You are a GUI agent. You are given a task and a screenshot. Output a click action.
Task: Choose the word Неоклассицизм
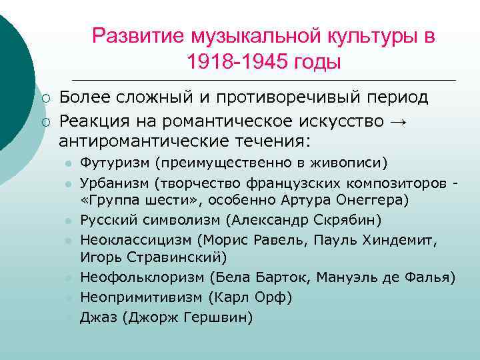134,239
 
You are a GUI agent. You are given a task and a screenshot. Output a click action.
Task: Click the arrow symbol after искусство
399,121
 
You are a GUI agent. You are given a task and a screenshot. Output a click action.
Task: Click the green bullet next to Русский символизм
67,221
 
